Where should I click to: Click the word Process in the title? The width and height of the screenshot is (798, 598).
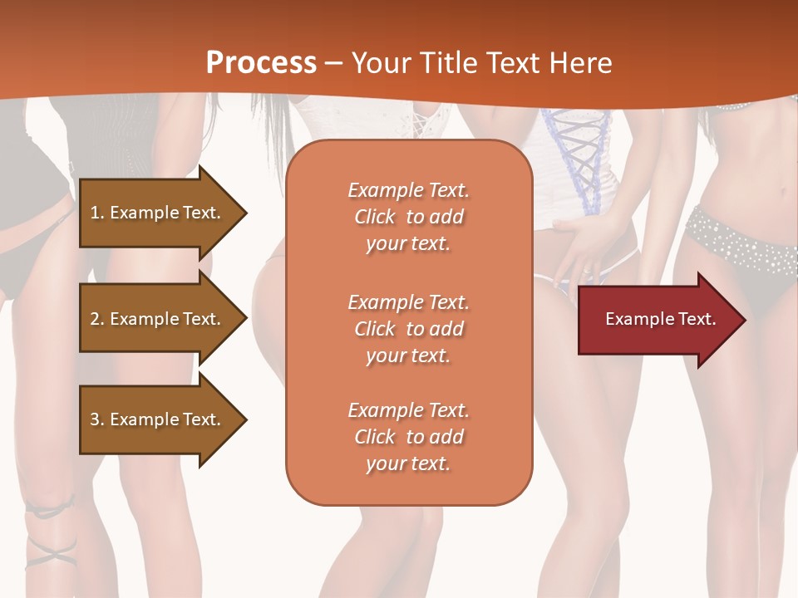click(261, 63)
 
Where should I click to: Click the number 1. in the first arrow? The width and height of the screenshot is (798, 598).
click(97, 213)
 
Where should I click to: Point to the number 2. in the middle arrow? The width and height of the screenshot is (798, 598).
click(97, 319)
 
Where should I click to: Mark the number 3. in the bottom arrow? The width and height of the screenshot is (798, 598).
click(97, 419)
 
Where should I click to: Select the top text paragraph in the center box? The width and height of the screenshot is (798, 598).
click(408, 217)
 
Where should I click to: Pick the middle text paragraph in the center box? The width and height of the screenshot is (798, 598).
click(408, 329)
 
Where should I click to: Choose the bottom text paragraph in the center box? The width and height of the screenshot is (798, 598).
click(408, 437)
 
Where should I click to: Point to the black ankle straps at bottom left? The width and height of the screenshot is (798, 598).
click(50, 532)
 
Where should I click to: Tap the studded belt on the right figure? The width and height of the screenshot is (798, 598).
click(740, 237)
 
